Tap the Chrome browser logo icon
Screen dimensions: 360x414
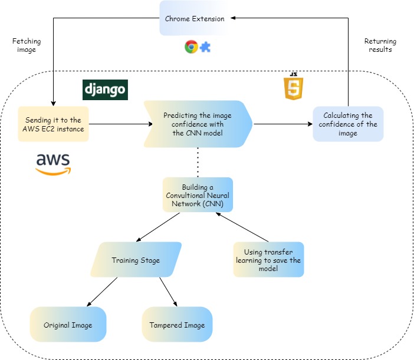190,47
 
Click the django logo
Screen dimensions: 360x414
105,90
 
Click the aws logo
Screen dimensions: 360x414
53,163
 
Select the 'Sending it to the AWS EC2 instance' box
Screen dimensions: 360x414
53,124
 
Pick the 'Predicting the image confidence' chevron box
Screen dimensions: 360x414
198,124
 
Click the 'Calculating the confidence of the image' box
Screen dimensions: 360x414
348,124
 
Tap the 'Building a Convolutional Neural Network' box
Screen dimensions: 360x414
198,195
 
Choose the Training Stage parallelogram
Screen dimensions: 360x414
136,260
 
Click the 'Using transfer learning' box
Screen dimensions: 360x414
268,260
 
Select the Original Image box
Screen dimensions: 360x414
68,325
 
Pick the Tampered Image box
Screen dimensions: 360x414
177,325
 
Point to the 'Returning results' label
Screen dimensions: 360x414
380,45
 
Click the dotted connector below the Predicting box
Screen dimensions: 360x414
198,162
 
